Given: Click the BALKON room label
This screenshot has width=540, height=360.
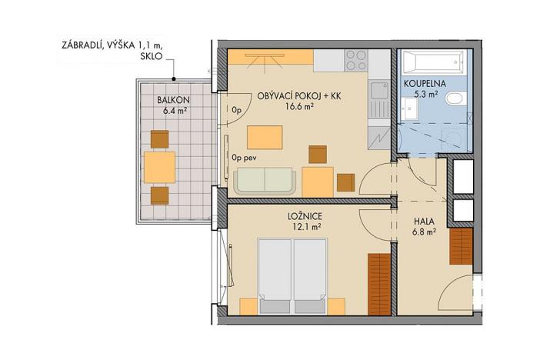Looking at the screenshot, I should [172, 100].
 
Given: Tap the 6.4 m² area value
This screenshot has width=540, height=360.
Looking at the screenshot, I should [172, 111].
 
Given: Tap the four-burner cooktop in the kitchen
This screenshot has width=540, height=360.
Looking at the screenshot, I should [357, 58].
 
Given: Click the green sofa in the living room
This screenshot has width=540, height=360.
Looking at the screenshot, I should [266, 182].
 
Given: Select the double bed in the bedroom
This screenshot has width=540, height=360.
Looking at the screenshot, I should [293, 275].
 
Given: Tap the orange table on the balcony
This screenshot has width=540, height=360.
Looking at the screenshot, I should [159, 165].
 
